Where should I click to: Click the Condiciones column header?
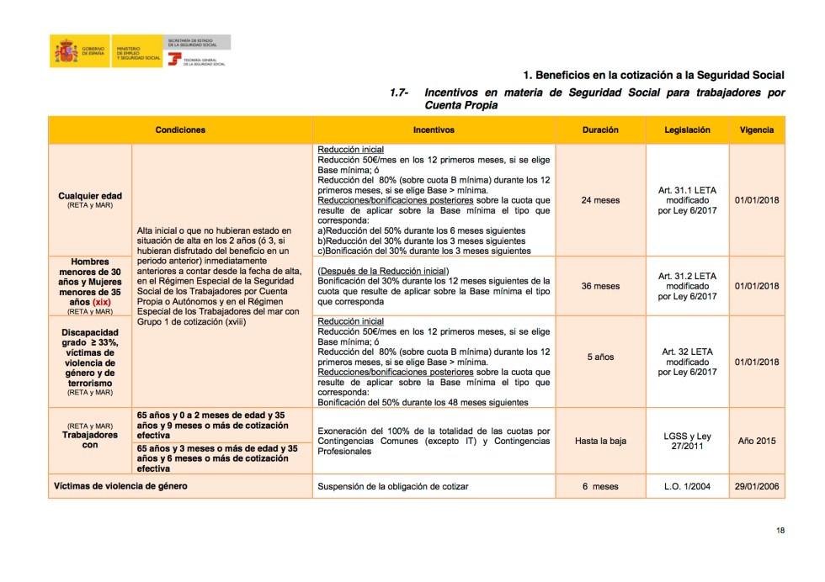pos(180,130)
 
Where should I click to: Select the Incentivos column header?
pos(434,130)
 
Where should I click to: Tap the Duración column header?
pos(600,130)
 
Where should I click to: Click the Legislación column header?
pos(687,130)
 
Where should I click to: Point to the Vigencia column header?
pos(757,130)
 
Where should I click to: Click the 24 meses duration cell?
pos(600,200)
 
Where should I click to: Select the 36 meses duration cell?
pos(600,286)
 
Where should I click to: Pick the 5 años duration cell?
pos(600,357)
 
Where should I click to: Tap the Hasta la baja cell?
pos(600,441)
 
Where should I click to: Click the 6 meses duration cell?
pos(600,486)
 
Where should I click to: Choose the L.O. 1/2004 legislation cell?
pos(687,486)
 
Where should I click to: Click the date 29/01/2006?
pos(757,486)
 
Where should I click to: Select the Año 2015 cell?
pos(757,441)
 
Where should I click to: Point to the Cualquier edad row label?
pos(90,196)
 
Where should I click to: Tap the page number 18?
pos(780,531)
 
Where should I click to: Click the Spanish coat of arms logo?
pos(66,52)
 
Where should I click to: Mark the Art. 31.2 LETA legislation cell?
pos(687,286)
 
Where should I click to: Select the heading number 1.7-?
pos(399,93)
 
